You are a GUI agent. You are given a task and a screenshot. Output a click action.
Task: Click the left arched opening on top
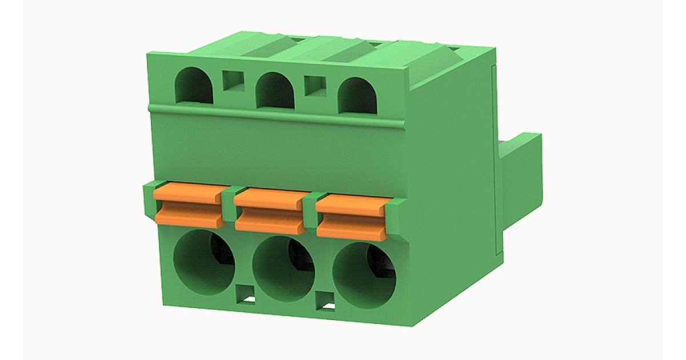tap(195, 86)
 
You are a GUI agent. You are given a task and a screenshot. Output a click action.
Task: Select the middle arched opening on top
tap(275, 91)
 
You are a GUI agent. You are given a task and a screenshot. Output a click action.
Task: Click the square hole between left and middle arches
tap(233, 82)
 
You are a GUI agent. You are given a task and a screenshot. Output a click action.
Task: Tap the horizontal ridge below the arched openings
tap(274, 113)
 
